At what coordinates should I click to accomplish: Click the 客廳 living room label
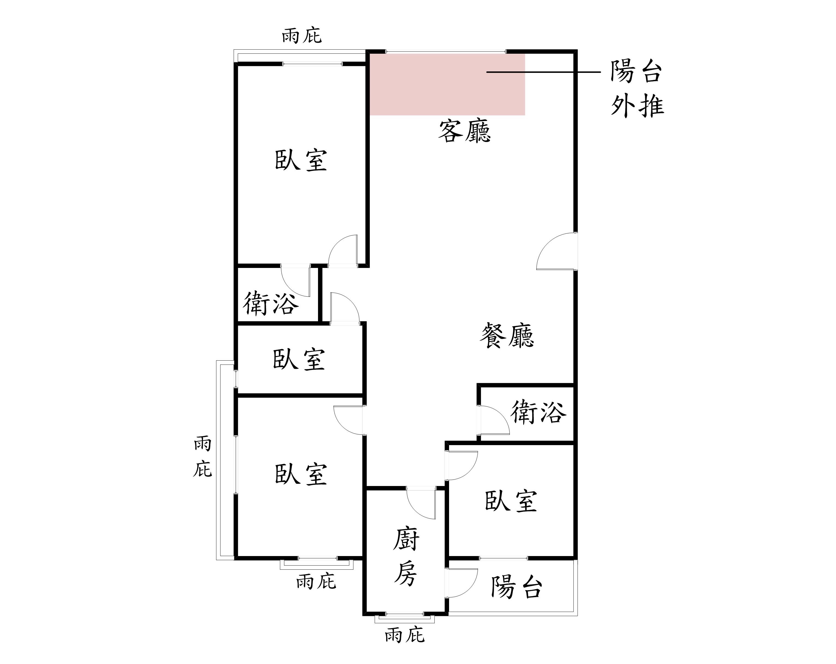[465, 131]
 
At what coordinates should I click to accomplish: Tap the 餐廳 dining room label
[507, 336]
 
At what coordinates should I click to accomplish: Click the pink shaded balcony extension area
[447, 84]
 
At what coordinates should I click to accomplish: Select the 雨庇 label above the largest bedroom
[302, 36]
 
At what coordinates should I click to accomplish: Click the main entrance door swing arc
[557, 250]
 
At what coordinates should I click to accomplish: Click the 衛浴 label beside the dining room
[538, 412]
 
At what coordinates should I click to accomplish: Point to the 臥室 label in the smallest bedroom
[299, 359]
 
